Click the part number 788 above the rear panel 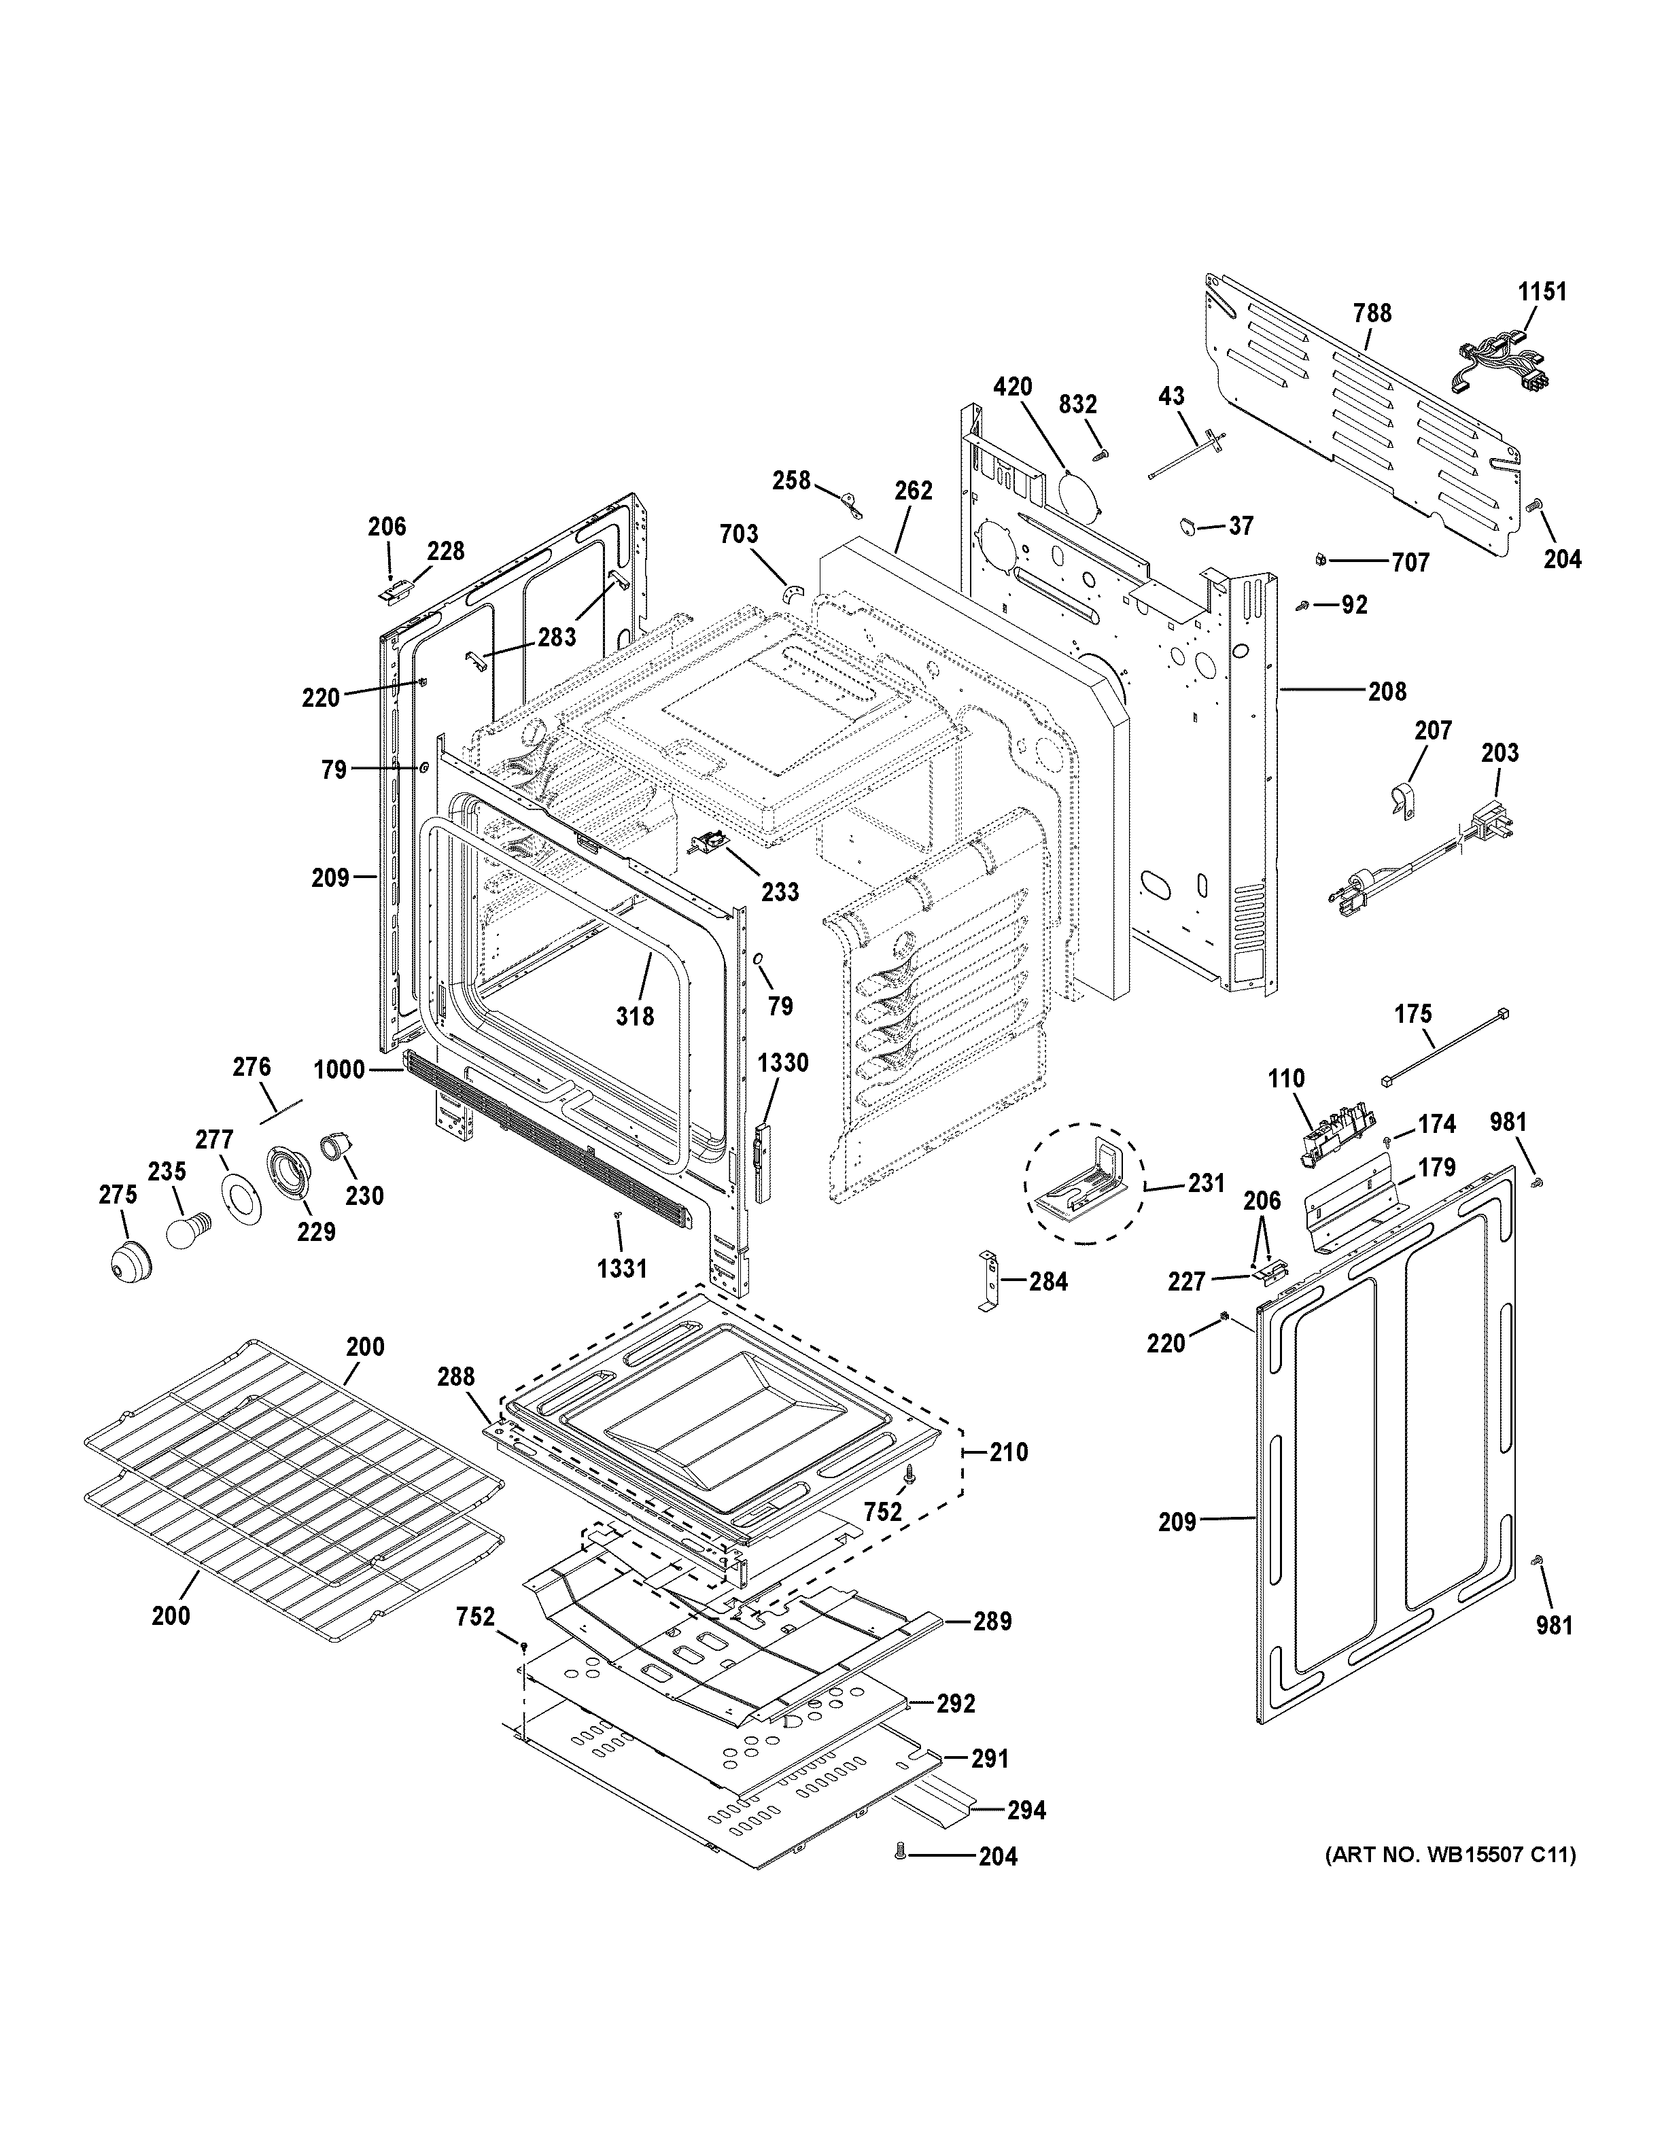pos(1372,313)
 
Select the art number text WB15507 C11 pos(1449,1855)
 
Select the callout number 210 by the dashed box pos(1009,1452)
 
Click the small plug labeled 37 pos(1189,525)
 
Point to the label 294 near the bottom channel pos(1026,1810)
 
